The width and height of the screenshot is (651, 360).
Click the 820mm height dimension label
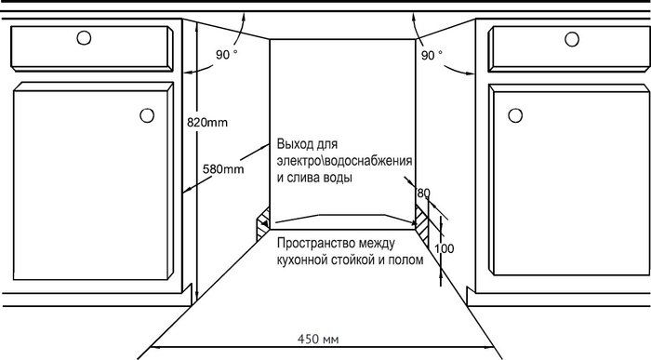[x=207, y=123]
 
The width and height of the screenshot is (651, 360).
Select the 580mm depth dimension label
[x=223, y=169]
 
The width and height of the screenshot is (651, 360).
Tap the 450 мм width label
[x=318, y=340]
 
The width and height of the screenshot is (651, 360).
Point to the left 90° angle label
[x=227, y=54]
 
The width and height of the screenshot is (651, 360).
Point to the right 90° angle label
[x=432, y=55]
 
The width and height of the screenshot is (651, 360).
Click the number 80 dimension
[x=423, y=193]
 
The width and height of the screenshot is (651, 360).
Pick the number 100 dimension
[x=445, y=248]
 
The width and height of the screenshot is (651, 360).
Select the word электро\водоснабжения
[x=345, y=161]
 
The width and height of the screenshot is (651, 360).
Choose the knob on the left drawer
[x=84, y=38]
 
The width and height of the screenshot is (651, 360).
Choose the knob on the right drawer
[x=572, y=39]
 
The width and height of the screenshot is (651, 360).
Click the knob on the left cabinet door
[x=147, y=115]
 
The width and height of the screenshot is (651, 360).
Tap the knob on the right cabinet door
[x=515, y=115]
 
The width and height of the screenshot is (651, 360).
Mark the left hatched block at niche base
[x=263, y=224]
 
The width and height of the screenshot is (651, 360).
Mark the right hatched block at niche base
[x=422, y=224]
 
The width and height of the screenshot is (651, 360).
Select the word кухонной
[x=302, y=260]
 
